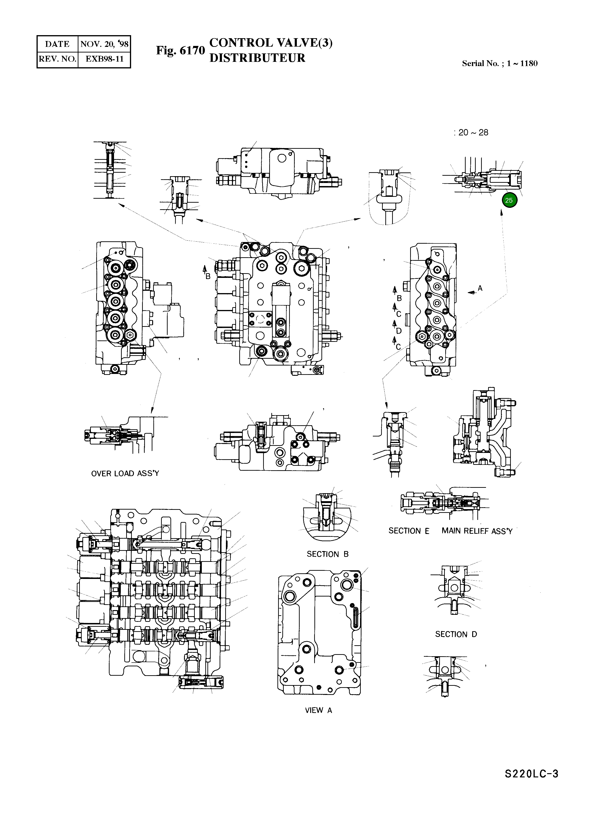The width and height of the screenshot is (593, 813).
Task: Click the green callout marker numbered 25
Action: click(x=509, y=200)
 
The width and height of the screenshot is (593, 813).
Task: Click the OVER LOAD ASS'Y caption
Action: click(x=125, y=474)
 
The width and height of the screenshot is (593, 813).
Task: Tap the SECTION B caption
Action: click(x=327, y=554)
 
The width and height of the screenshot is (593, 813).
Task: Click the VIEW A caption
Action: click(x=318, y=710)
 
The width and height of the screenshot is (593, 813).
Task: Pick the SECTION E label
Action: click(x=409, y=531)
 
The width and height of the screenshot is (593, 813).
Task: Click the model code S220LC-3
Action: click(x=531, y=784)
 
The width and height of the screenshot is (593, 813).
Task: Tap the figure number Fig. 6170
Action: click(x=180, y=51)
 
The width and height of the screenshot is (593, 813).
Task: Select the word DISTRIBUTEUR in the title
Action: click(x=257, y=58)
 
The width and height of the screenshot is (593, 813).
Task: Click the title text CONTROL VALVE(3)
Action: click(x=271, y=42)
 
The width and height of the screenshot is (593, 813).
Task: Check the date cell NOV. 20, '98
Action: click(x=104, y=44)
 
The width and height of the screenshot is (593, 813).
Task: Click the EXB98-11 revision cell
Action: click(x=104, y=59)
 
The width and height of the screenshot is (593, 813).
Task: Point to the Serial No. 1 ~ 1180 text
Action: click(x=500, y=63)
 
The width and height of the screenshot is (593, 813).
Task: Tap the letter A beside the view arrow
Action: click(x=480, y=288)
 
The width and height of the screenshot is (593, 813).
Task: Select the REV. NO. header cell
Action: click(x=57, y=59)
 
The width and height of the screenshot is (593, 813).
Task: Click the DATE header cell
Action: click(x=57, y=44)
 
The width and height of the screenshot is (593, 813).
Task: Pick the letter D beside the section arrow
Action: click(x=399, y=331)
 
